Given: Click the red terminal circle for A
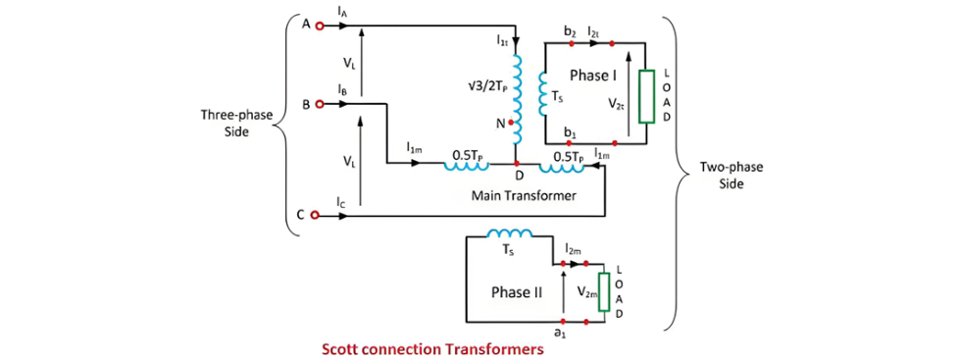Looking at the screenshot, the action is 318,26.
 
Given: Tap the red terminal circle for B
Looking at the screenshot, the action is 318,104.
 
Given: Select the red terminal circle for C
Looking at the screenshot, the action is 315,215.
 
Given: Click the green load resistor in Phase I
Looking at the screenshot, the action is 646,97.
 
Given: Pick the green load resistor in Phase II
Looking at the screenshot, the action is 603,292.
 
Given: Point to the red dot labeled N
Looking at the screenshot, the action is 511,123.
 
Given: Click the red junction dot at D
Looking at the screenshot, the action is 517,164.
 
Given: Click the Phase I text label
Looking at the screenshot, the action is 593,75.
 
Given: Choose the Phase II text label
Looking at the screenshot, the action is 518,292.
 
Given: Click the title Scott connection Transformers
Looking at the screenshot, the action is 432,350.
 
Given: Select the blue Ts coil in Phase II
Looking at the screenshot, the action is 510,233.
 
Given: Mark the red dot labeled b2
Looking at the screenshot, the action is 572,43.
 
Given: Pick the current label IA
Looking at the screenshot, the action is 341,12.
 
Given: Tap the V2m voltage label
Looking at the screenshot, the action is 585,295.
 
